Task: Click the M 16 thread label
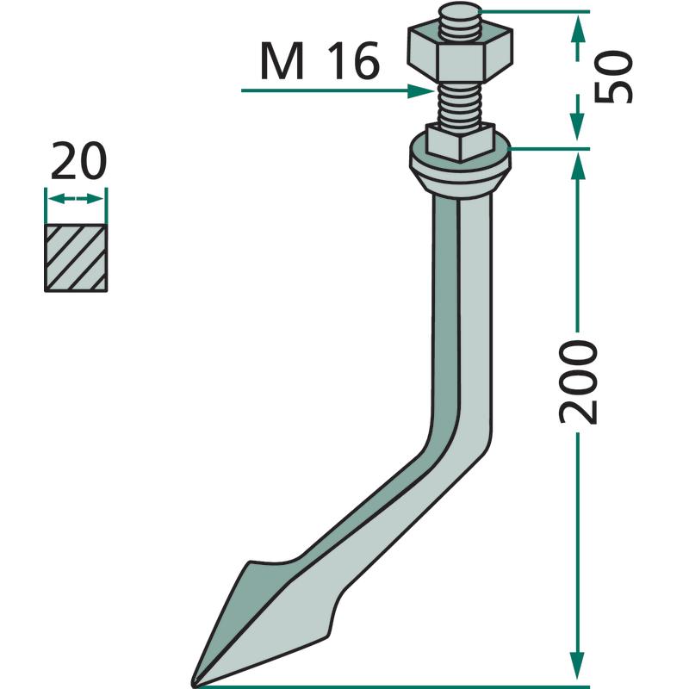point(320,61)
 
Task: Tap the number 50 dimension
point(612,77)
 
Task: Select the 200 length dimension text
point(578,382)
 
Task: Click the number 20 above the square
point(78,161)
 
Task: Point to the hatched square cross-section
point(76,258)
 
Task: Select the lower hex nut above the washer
point(461,142)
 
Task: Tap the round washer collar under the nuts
point(461,169)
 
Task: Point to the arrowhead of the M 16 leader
point(421,91)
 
